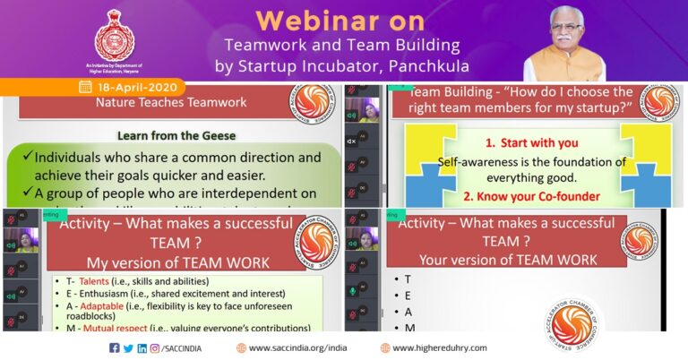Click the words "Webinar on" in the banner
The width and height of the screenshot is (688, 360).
344,20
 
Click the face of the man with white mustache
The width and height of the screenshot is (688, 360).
564,33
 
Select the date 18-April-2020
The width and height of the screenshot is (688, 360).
139,88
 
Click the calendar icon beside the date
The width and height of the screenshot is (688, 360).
86,88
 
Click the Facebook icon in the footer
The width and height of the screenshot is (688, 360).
114,347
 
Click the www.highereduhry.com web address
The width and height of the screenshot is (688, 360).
439,347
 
